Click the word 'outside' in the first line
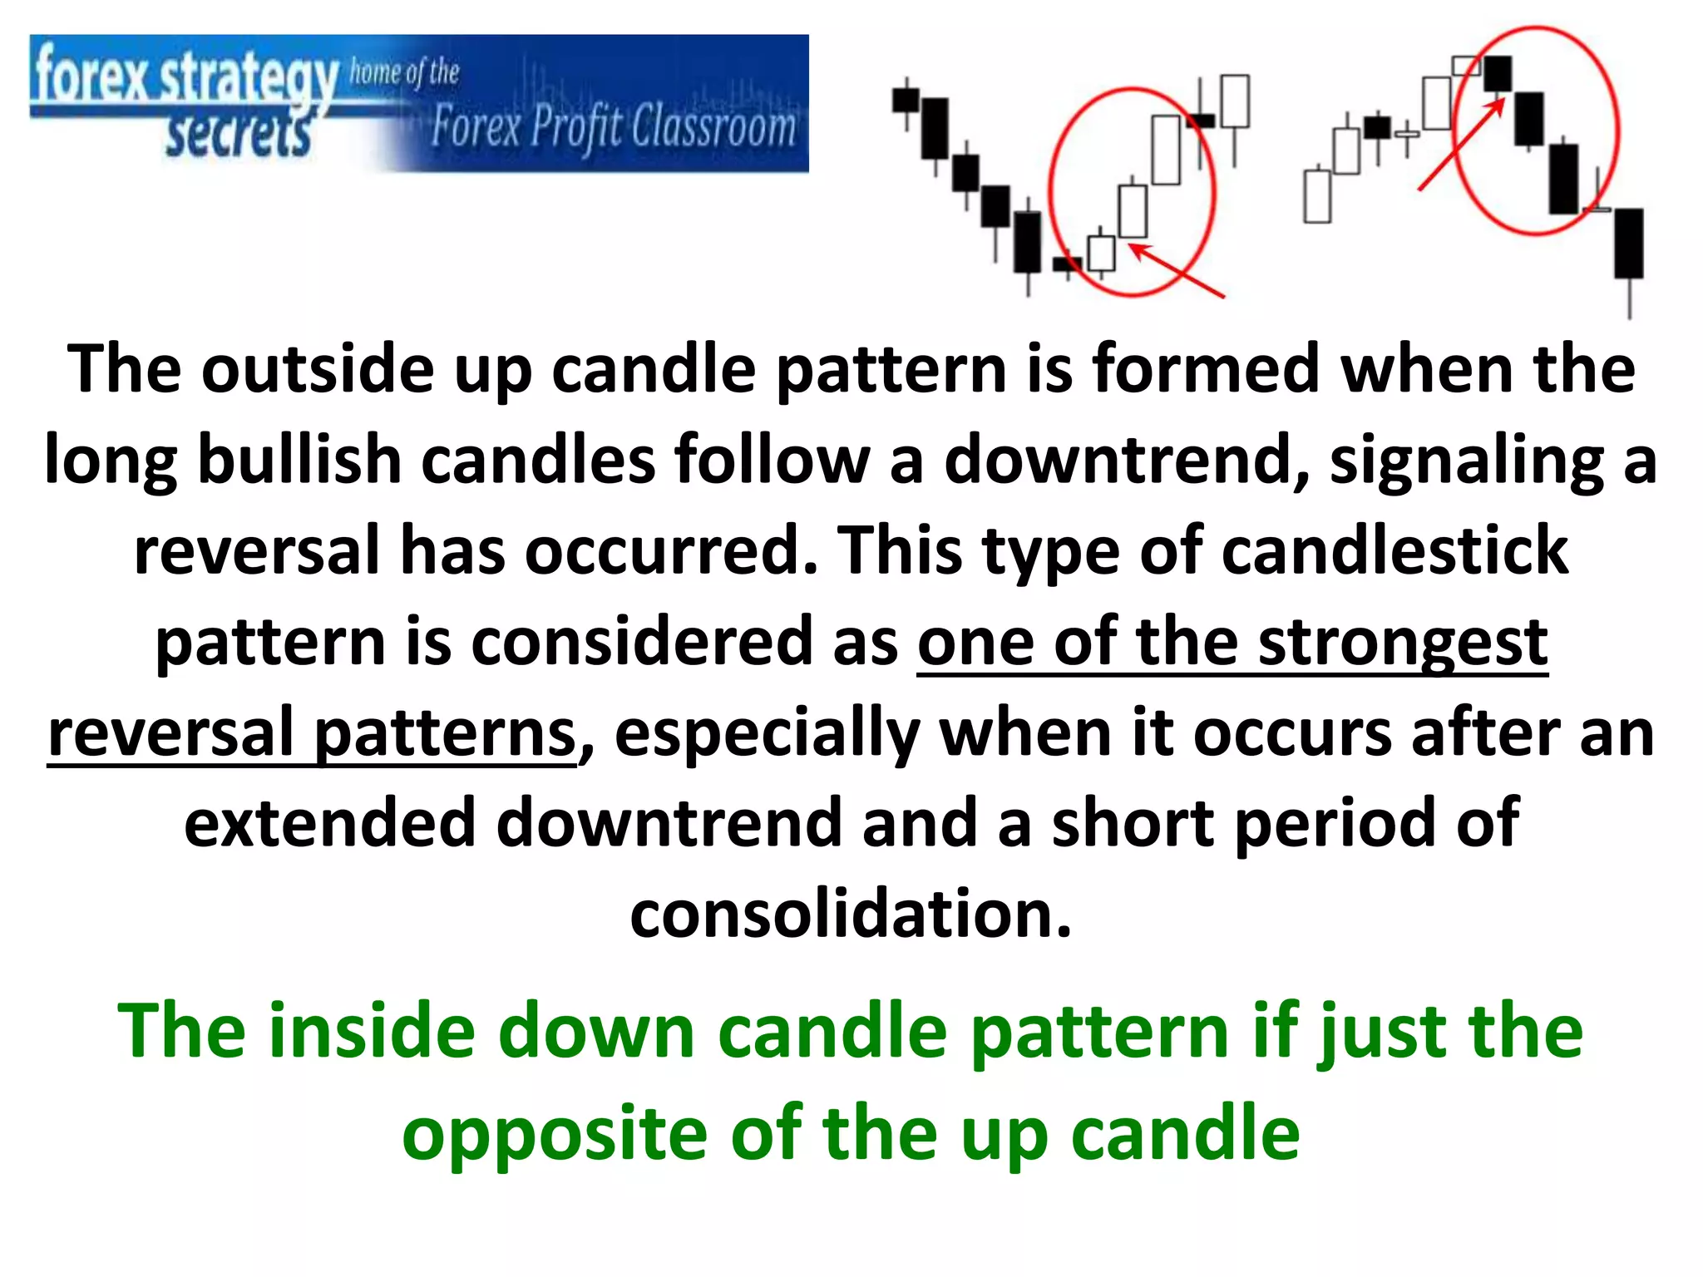tap(317, 369)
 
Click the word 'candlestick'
tap(1394, 550)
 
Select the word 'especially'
tap(766, 733)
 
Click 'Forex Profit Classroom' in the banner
tap(613, 128)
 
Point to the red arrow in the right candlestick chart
tap(1461, 145)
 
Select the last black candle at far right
tap(1629, 243)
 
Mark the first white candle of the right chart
tap(1317, 195)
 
